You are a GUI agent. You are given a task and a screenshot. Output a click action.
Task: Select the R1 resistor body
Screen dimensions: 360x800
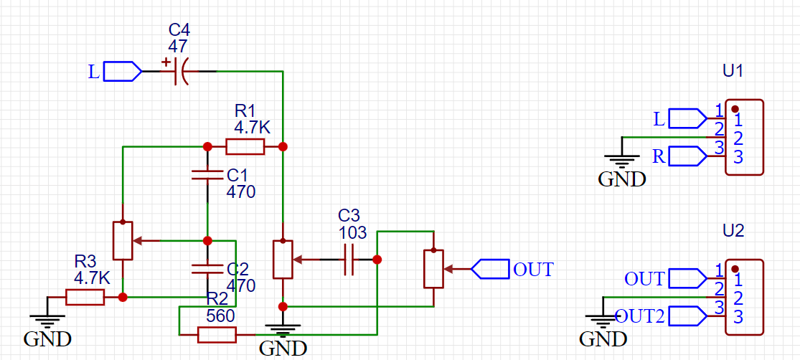click(245, 147)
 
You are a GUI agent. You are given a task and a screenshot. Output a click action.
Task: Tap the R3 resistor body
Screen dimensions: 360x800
click(85, 297)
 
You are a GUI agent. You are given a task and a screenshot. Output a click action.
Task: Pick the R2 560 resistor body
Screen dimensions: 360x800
click(217, 334)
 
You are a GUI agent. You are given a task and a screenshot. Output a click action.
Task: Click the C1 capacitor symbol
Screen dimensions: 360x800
click(207, 174)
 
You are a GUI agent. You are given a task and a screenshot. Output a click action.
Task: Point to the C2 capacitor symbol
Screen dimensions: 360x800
click(207, 269)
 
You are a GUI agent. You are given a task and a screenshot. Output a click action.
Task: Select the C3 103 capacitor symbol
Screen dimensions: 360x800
click(349, 260)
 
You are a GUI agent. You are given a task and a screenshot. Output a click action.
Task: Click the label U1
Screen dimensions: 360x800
click(733, 71)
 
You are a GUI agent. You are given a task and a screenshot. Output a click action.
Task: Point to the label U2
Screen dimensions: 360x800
click(733, 231)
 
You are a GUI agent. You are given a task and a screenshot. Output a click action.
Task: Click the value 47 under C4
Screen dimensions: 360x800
click(178, 46)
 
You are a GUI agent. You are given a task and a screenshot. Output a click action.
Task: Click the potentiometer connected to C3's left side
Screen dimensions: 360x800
click(283, 259)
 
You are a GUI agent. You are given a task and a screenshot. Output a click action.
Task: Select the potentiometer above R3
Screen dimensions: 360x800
click(123, 241)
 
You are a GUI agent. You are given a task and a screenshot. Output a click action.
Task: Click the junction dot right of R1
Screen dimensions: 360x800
click(283, 147)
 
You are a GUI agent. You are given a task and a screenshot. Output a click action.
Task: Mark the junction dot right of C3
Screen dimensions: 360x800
click(377, 260)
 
